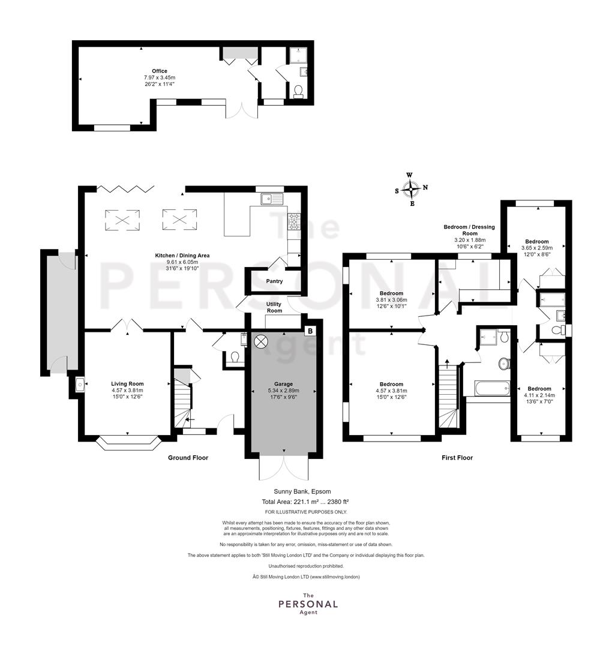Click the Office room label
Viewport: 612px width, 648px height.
click(x=160, y=71)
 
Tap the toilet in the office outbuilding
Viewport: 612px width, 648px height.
click(x=298, y=91)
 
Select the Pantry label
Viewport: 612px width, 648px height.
click(x=274, y=281)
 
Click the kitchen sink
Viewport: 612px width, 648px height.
click(x=271, y=199)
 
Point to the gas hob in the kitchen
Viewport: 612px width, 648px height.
click(x=295, y=221)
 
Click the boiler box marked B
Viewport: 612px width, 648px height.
click(x=310, y=331)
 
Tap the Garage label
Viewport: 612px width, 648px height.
click(x=283, y=384)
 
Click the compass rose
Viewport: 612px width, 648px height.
click(x=411, y=189)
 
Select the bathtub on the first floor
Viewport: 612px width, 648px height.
click(x=492, y=388)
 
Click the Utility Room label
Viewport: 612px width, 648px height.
click(x=274, y=307)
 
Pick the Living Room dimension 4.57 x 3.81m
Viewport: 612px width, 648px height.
click(x=127, y=390)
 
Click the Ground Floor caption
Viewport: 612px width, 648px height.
click(x=188, y=457)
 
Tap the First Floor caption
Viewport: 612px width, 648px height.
click(x=457, y=457)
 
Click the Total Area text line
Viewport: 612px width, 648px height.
click(x=305, y=502)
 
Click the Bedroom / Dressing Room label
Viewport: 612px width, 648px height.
click(x=469, y=230)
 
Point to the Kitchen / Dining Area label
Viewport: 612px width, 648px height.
click(x=182, y=256)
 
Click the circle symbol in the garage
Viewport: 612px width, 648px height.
click(x=261, y=341)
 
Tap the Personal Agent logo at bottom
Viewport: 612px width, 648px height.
click(x=308, y=604)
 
